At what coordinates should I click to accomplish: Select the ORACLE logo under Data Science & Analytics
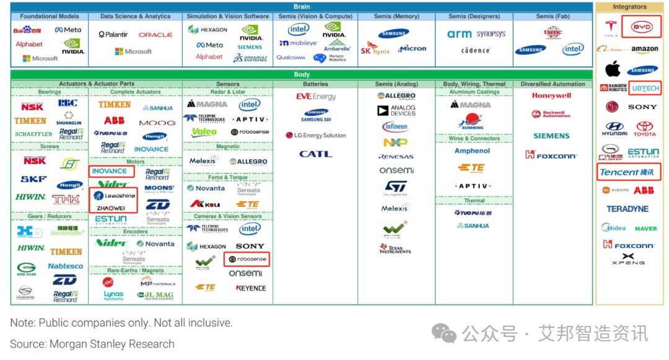(x=155, y=35)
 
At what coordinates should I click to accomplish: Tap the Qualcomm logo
(x=291, y=58)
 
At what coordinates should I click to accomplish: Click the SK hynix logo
(x=375, y=49)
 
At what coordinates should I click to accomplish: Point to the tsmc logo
(x=553, y=33)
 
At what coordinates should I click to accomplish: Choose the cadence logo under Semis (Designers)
(x=476, y=50)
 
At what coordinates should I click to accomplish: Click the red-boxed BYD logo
(x=641, y=28)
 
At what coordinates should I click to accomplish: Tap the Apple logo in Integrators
(x=613, y=68)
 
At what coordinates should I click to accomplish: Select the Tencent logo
(x=627, y=172)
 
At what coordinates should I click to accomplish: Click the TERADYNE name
(x=627, y=209)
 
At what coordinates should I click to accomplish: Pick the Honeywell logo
(x=551, y=96)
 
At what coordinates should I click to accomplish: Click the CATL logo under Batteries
(x=316, y=154)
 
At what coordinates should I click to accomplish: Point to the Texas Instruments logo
(x=395, y=248)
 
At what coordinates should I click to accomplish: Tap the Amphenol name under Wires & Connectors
(x=472, y=151)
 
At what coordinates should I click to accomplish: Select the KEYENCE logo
(x=251, y=288)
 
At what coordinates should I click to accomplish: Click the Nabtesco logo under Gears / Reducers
(x=66, y=266)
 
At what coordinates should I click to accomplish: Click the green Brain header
(x=302, y=7)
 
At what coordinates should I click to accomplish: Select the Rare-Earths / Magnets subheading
(x=136, y=271)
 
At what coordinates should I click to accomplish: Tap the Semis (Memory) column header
(x=397, y=16)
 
